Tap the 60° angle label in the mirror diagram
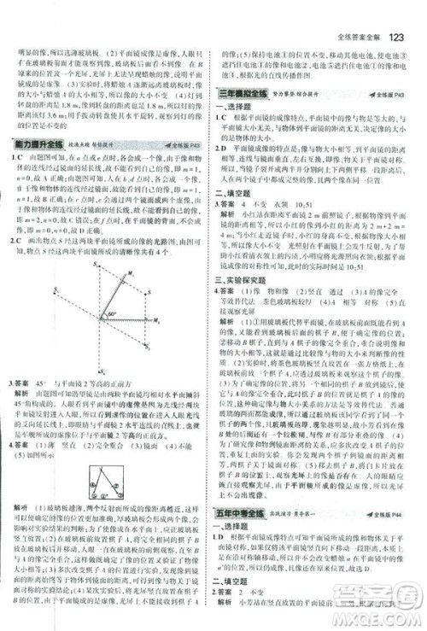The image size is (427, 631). [x=112, y=314]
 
